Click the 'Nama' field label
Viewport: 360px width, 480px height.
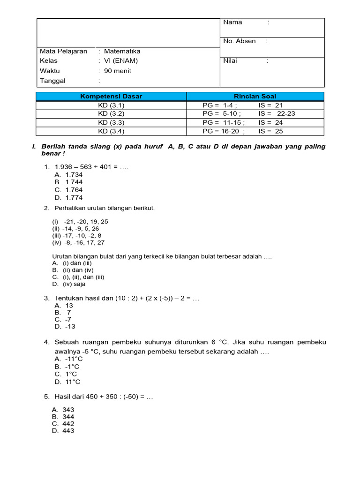pyautogui.click(x=232, y=22)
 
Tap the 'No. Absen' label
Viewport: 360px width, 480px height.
pyautogui.click(x=240, y=41)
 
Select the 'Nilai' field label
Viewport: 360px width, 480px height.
pyautogui.click(x=230, y=61)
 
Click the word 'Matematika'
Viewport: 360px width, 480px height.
pyautogui.click(x=122, y=51)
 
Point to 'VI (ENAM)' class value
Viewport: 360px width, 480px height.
pyautogui.click(x=121, y=61)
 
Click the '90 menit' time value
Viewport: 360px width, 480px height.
pyautogui.click(x=118, y=71)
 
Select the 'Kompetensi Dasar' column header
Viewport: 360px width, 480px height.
pyautogui.click(x=111, y=96)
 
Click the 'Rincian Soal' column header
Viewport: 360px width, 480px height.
pyautogui.click(x=255, y=96)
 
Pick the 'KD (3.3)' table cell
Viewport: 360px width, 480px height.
pyautogui.click(x=111, y=122)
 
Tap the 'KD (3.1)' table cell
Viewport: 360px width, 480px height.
pyautogui.click(x=111, y=105)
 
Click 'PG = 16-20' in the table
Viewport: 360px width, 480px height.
pyautogui.click(x=220, y=131)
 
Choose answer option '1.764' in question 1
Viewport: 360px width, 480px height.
pyautogui.click(x=74, y=190)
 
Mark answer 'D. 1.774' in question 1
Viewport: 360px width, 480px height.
pyautogui.click(x=68, y=198)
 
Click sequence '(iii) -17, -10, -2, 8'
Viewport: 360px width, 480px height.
pyautogui.click(x=77, y=235)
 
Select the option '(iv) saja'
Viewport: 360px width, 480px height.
pyautogui.click(x=74, y=284)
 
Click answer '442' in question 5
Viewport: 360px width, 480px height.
pyautogui.click(x=68, y=424)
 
